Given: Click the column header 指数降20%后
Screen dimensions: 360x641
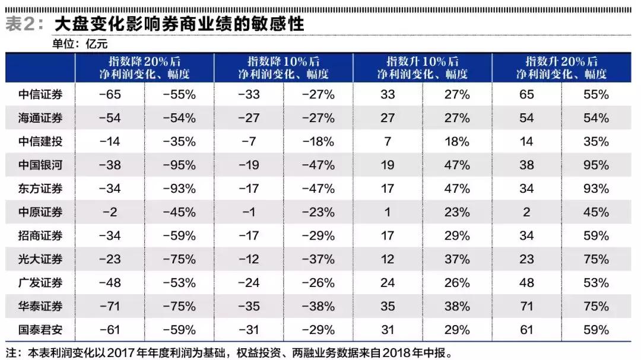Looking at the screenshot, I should click(144, 62).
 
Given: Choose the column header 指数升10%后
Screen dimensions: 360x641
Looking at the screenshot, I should click(422, 62).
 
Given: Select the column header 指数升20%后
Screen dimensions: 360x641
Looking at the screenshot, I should click(561, 62).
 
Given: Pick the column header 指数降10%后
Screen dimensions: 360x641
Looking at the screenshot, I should click(283, 62).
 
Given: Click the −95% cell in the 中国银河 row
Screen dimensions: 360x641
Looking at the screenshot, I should click(179, 165).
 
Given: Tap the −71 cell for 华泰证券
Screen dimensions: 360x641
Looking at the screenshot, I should click(110, 306).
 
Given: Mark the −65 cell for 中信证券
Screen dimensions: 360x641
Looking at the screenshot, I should click(110, 94).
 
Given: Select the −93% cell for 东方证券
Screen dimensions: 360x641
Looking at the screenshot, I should click(179, 189).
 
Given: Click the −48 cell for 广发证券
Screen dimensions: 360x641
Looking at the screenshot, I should click(110, 283).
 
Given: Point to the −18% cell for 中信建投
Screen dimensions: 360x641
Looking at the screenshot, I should click(318, 141).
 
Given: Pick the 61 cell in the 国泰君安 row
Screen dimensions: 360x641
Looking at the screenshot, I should click(526, 330).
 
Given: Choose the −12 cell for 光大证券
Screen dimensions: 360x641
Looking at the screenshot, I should click(249, 259).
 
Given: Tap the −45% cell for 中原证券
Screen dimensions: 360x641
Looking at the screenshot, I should click(179, 212).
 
